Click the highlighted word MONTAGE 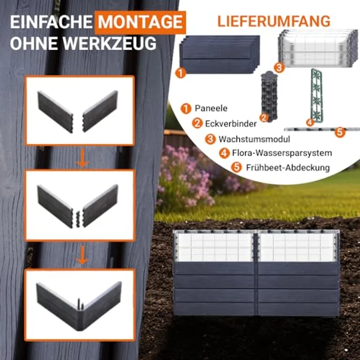(x=140, y=22)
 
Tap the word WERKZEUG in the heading (x=110, y=43)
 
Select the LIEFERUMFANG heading (x=274, y=22)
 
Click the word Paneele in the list (x=211, y=108)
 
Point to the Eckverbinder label (x=230, y=124)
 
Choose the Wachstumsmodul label (x=254, y=139)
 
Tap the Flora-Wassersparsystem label (x=282, y=153)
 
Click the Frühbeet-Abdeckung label (x=288, y=168)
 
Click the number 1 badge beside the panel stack (x=180, y=73)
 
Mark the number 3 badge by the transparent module (x=279, y=67)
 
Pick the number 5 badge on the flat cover (x=340, y=133)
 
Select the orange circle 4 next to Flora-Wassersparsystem (x=225, y=153)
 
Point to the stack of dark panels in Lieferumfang (x=220, y=55)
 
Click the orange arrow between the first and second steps (x=83, y=158)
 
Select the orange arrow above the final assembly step (x=83, y=255)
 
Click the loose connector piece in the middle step (x=78, y=219)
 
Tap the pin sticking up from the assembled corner (x=79, y=304)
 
